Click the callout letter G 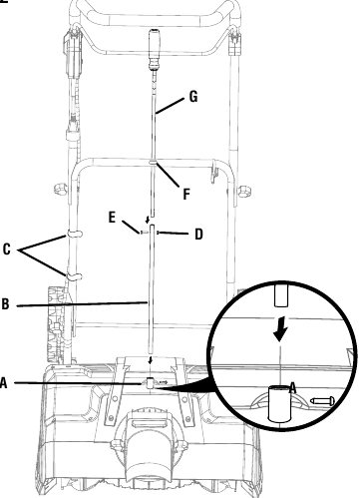point(193,97)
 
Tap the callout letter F point(186,194)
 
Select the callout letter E point(112,218)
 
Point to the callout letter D point(198,235)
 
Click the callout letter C point(7,249)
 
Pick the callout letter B point(5,304)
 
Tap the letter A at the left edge point(3,383)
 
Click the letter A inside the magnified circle point(292,388)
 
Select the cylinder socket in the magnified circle point(279,403)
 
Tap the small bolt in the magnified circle point(322,401)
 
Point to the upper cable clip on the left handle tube point(75,233)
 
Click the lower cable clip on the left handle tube point(74,276)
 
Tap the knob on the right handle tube point(244,192)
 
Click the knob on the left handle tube point(62,189)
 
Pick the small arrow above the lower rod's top point(148,220)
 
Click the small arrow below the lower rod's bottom point(151,360)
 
